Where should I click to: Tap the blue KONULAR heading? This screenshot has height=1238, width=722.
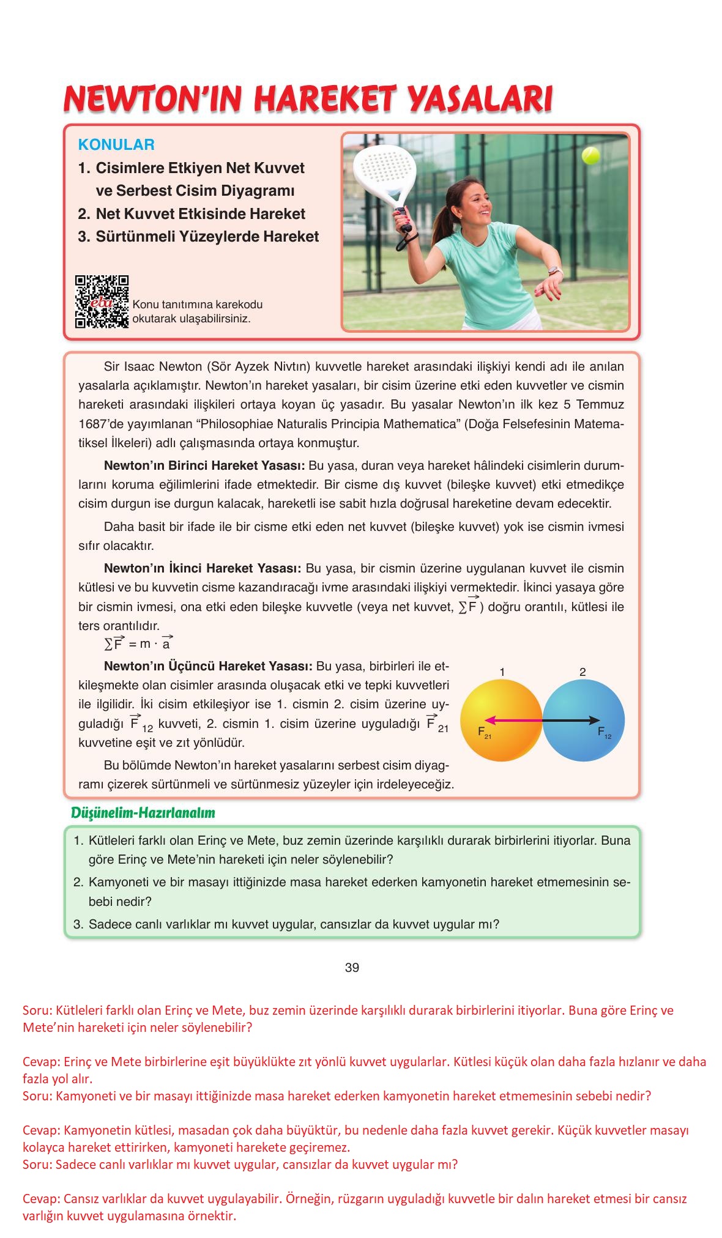[116, 145]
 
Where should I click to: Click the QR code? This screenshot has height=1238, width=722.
[102, 302]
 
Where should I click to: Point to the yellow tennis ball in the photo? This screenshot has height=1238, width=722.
[590, 155]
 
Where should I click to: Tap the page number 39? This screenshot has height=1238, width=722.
[352, 968]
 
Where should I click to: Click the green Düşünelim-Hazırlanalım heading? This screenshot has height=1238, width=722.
[143, 813]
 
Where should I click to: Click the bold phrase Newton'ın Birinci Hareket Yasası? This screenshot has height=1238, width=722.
[204, 465]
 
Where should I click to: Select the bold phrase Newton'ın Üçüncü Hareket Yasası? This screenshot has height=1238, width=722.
[208, 666]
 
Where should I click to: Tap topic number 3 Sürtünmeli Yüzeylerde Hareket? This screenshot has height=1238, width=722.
[198, 237]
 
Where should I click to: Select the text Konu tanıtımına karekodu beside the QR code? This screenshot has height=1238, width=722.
[197, 305]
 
